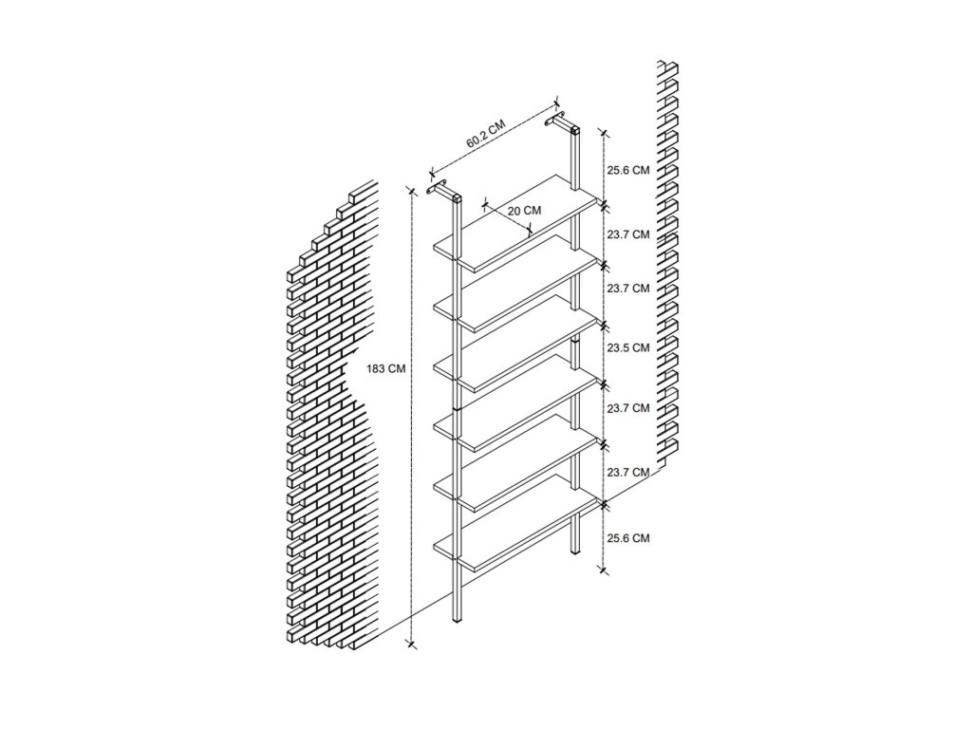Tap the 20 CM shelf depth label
[x=524, y=211]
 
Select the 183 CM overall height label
[x=385, y=369]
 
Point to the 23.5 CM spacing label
[x=627, y=347]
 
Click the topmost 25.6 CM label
[x=627, y=170]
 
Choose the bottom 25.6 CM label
[x=627, y=537]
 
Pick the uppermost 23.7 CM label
[x=627, y=234]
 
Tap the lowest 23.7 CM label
[x=627, y=472]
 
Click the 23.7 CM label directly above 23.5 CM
[x=627, y=288]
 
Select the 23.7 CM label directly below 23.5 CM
[x=627, y=408]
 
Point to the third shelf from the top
[x=517, y=346]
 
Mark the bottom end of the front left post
[x=457, y=619]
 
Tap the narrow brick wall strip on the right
[x=670, y=266]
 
